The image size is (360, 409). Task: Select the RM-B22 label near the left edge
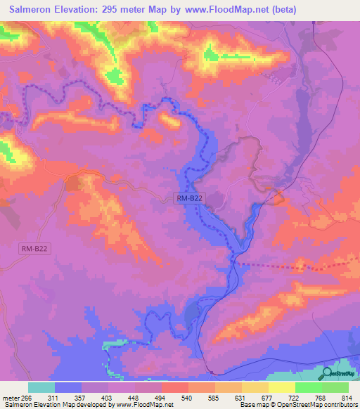point(34,248)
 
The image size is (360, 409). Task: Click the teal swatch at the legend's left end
point(41,388)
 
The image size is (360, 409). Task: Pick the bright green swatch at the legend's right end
point(335,388)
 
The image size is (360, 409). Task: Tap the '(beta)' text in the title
point(282,9)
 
